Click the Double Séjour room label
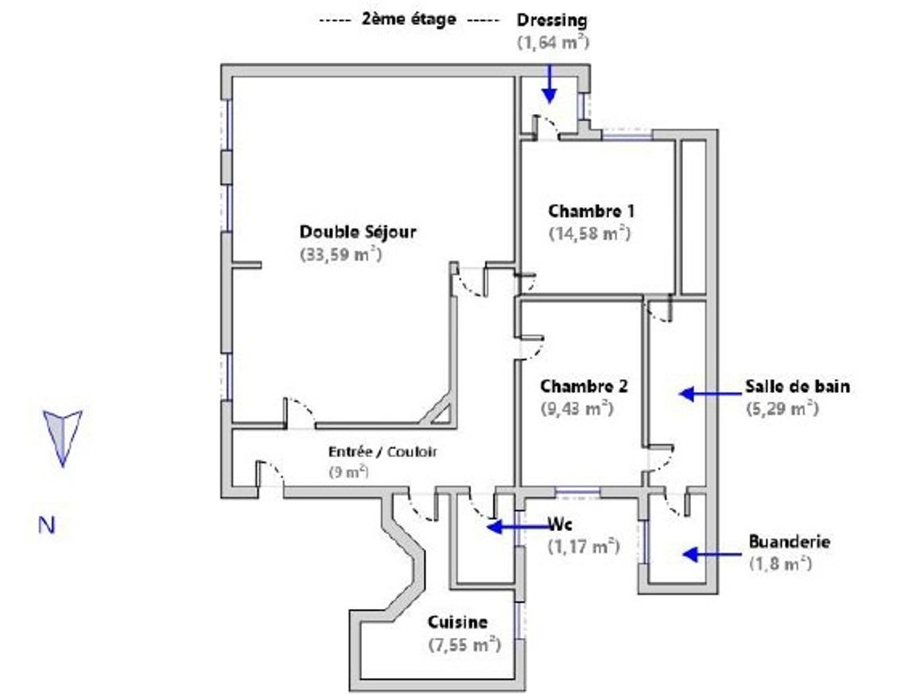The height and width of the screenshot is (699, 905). [357, 232]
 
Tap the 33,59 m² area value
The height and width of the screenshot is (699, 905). [340, 256]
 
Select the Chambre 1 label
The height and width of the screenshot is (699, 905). [591, 212]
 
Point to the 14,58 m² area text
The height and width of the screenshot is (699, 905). [589, 234]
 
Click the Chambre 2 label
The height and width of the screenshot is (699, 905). [584, 387]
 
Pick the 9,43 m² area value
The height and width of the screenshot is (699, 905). [576, 408]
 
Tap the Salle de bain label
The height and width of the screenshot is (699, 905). [797, 387]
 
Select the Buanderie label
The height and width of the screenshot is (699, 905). [789, 541]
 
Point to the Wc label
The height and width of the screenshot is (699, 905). [560, 525]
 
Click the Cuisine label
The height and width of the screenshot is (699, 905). [457, 622]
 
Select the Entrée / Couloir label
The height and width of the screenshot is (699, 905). [383, 451]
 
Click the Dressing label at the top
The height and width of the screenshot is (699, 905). [551, 20]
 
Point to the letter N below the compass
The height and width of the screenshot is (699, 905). [47, 525]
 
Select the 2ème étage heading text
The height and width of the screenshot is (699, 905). [409, 19]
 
